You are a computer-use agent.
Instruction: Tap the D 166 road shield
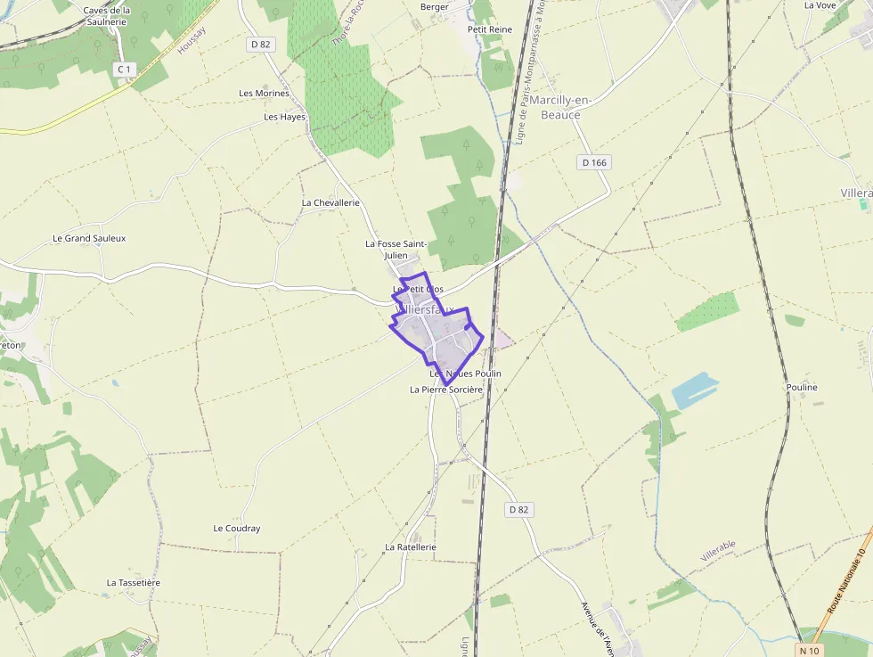[593, 162]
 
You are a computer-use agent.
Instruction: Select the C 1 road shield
[124, 69]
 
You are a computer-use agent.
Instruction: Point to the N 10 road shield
[809, 651]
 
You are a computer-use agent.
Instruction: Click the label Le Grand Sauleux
[89, 238]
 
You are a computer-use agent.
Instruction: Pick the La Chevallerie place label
[330, 202]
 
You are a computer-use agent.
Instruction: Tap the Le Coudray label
[237, 528]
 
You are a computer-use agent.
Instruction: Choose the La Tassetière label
[134, 582]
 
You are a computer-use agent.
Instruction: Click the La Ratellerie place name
[411, 546]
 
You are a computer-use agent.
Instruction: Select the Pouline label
[802, 388]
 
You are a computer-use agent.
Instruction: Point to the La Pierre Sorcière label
[445, 390]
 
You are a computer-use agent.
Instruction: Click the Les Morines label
[265, 93]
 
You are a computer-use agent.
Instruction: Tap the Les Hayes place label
[284, 117]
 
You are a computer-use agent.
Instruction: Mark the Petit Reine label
[490, 29]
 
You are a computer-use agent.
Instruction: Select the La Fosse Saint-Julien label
[396, 249]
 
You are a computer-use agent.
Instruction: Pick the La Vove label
[820, 4]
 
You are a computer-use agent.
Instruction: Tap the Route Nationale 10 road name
[847, 579]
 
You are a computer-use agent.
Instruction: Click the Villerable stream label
[718, 550]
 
